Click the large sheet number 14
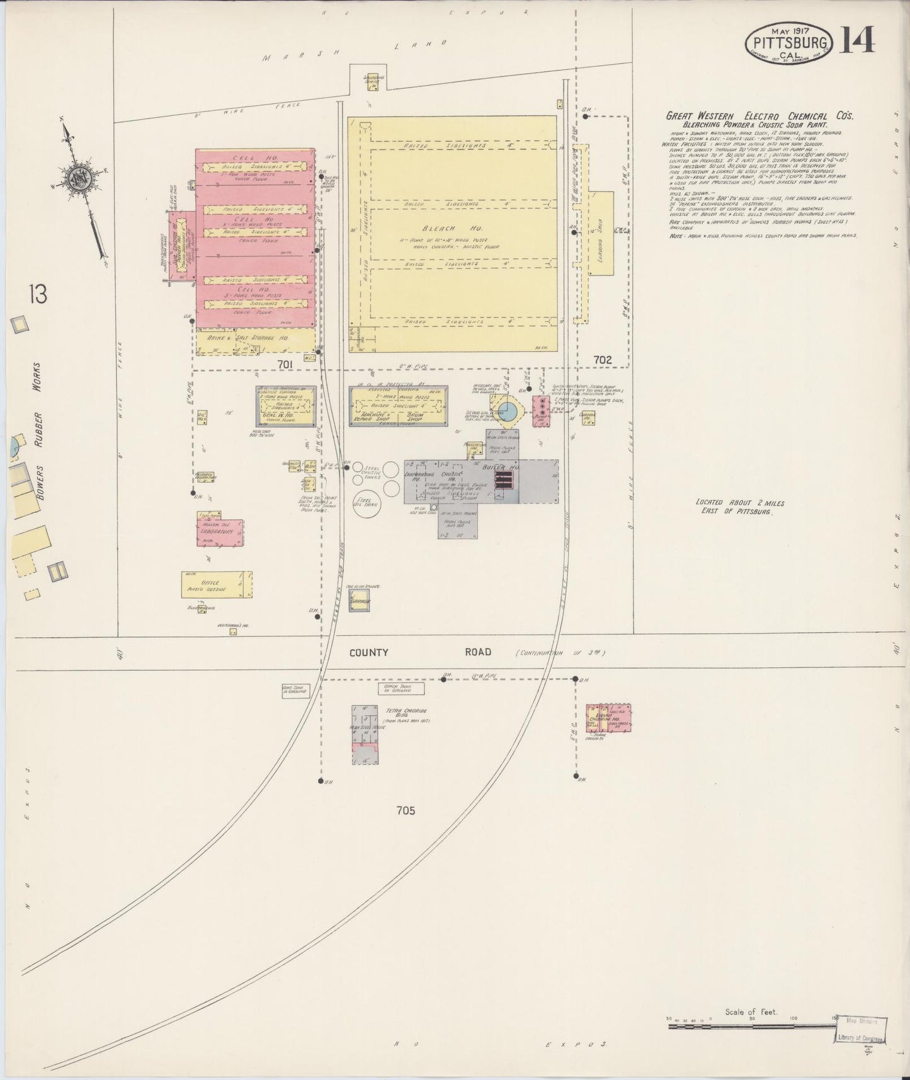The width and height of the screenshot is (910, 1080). coord(856,41)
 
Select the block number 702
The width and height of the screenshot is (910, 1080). coord(602,359)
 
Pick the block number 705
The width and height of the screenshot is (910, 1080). coord(406,810)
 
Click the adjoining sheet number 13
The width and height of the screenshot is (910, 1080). coord(37,294)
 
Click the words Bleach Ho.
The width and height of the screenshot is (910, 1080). coord(453,229)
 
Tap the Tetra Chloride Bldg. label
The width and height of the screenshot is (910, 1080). coord(407,715)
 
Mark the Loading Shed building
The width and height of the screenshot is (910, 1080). coord(601,233)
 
